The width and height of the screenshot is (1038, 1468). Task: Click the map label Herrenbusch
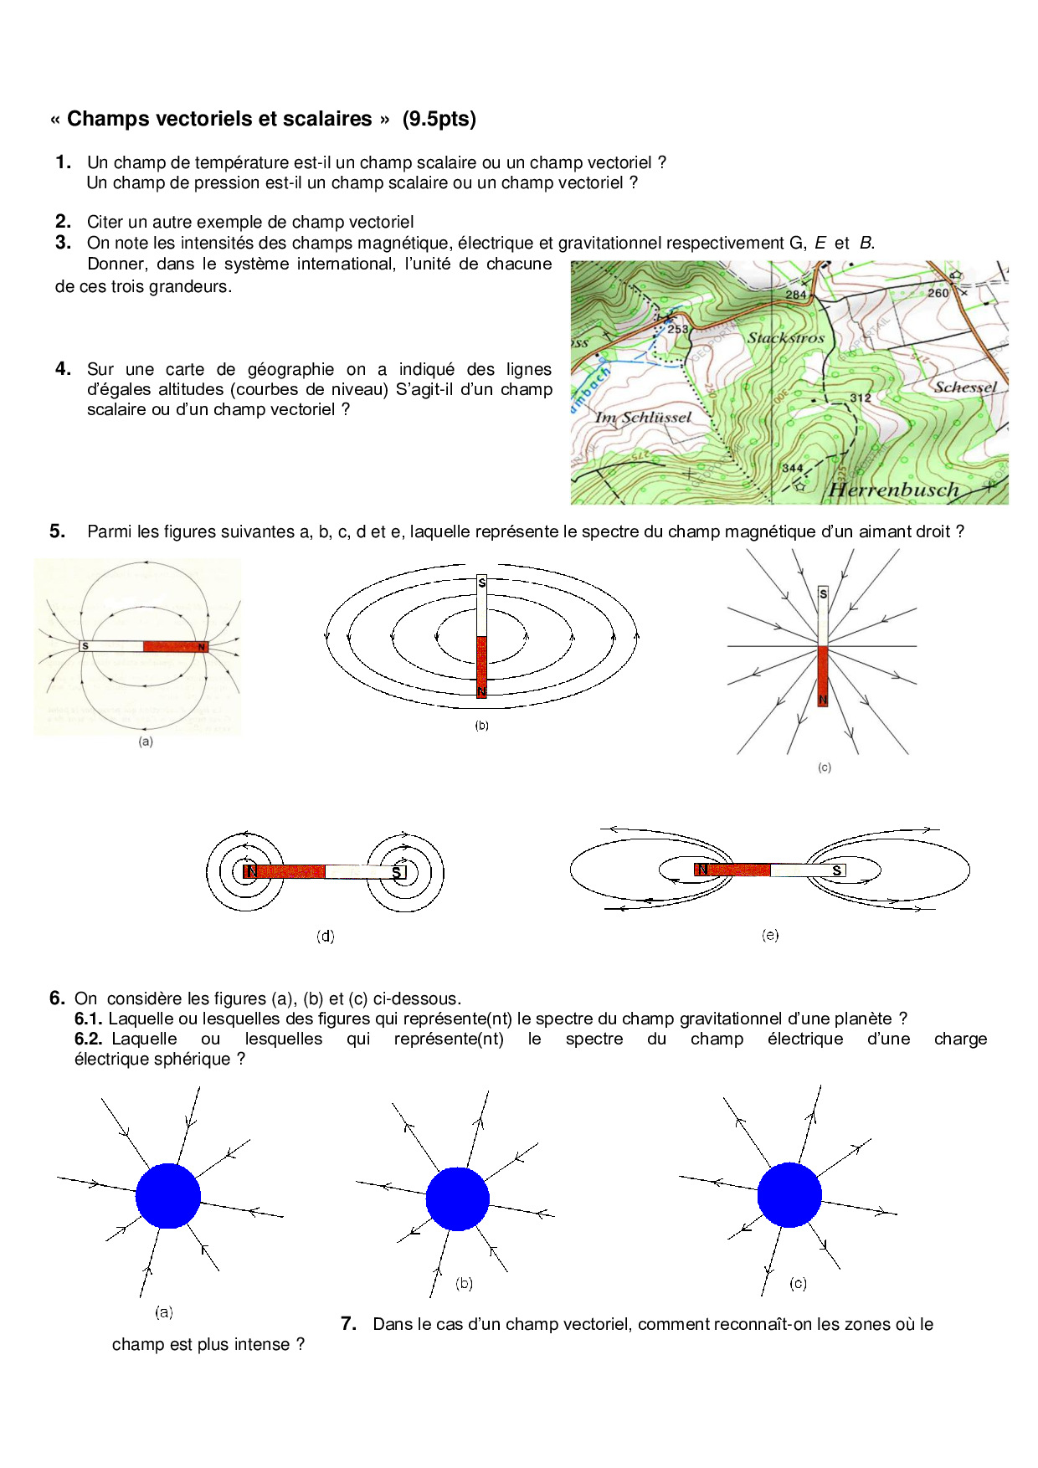tap(893, 490)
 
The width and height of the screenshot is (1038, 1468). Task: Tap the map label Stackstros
tap(785, 338)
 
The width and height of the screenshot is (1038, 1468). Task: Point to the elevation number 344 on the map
tap(792, 469)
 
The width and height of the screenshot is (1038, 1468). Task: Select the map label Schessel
tap(965, 387)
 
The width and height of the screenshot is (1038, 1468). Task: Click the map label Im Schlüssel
tap(643, 417)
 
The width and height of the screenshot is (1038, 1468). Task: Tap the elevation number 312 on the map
tap(861, 398)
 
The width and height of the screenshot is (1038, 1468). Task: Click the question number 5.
tap(57, 531)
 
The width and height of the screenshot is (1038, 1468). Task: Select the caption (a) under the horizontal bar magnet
tap(146, 742)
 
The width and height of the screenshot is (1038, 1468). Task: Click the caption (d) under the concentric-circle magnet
tap(325, 936)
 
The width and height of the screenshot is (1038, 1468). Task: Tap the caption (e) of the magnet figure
tap(770, 935)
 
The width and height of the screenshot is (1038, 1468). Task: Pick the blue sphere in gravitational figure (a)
tap(168, 1196)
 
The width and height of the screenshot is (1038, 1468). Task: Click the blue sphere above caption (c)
tap(789, 1194)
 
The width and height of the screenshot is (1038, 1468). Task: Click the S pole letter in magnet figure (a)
tap(85, 646)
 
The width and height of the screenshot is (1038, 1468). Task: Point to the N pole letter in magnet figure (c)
tap(823, 700)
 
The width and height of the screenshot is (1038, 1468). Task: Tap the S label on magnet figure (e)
tap(836, 870)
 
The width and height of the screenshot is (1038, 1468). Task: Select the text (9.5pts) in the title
tap(439, 119)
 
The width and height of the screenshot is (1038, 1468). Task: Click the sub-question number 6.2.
tap(88, 1039)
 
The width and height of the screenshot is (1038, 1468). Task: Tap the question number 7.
tap(349, 1323)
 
